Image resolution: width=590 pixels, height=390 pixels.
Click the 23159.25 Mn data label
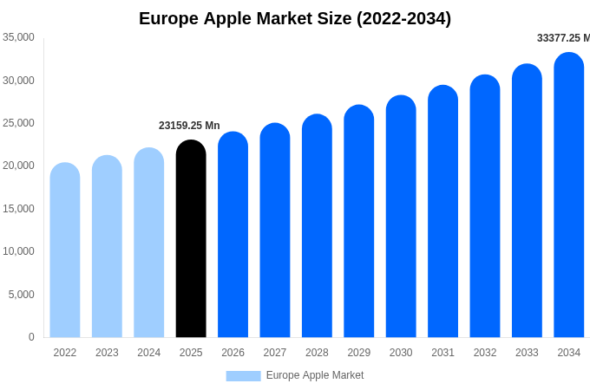pyautogui.click(x=189, y=126)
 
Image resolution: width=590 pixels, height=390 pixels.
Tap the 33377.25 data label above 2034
pyautogui.click(x=563, y=38)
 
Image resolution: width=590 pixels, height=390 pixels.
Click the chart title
pyautogui.click(x=295, y=18)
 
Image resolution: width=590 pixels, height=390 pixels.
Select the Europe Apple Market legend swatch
pyautogui.click(x=243, y=376)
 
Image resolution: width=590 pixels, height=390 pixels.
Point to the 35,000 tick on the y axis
pyautogui.click(x=18, y=37)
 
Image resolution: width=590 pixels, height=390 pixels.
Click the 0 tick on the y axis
pyautogui.click(x=31, y=337)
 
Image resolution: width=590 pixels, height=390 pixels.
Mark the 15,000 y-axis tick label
pyautogui.click(x=18, y=209)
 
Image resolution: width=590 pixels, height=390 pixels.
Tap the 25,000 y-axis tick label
pyautogui.click(x=18, y=123)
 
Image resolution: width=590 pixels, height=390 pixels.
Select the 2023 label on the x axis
pyautogui.click(x=107, y=353)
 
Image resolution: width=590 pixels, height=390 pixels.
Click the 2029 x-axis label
pyautogui.click(x=359, y=353)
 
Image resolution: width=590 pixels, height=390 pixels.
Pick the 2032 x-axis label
pyautogui.click(x=485, y=353)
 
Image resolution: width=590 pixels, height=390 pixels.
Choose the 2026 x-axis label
pyautogui.click(x=233, y=353)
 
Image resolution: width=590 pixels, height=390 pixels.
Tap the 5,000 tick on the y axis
pyautogui.click(x=21, y=295)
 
